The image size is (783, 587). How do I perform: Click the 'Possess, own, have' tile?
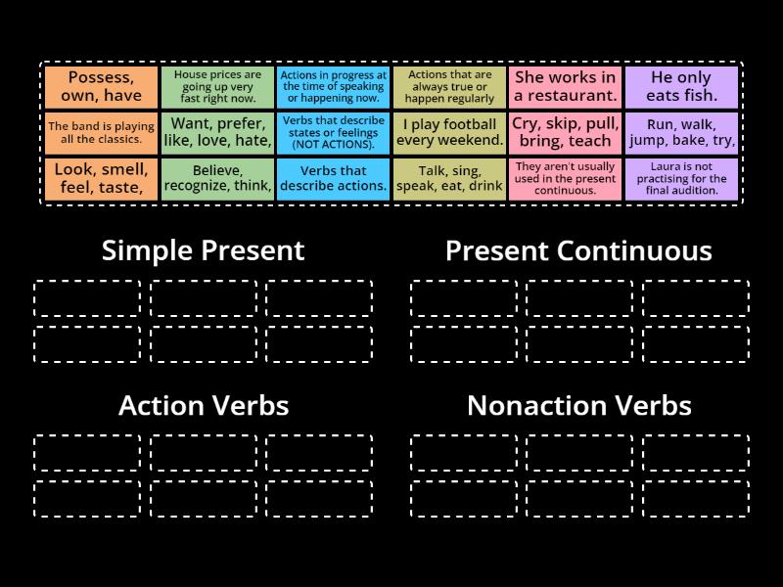click(100, 87)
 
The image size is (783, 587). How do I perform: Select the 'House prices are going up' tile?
click(216, 87)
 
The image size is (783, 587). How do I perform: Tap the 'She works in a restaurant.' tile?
click(565, 87)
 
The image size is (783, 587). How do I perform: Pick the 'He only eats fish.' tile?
click(681, 87)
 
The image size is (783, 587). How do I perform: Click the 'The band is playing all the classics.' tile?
click(100, 133)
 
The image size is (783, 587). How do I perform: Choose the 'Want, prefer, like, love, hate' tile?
click(216, 133)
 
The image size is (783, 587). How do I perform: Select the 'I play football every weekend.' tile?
click(449, 133)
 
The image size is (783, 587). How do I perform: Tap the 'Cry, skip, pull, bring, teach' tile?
click(565, 133)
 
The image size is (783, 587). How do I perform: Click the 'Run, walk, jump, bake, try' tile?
click(681, 133)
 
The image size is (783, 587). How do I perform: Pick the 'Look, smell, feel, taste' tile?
click(100, 179)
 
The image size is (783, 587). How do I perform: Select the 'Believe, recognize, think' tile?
click(216, 179)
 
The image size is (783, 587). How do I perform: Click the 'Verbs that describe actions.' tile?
click(333, 179)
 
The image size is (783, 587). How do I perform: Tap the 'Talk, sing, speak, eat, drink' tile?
click(449, 179)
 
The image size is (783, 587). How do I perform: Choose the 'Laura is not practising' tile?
click(681, 179)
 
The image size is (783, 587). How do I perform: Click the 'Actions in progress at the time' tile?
click(333, 87)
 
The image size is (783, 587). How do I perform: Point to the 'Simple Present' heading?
click(204, 250)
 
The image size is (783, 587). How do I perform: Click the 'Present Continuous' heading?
click(578, 250)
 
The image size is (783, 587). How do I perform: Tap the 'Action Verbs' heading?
click(204, 405)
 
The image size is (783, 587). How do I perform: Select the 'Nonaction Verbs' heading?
click(578, 405)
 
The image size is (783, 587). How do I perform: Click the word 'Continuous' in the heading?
click(634, 250)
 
